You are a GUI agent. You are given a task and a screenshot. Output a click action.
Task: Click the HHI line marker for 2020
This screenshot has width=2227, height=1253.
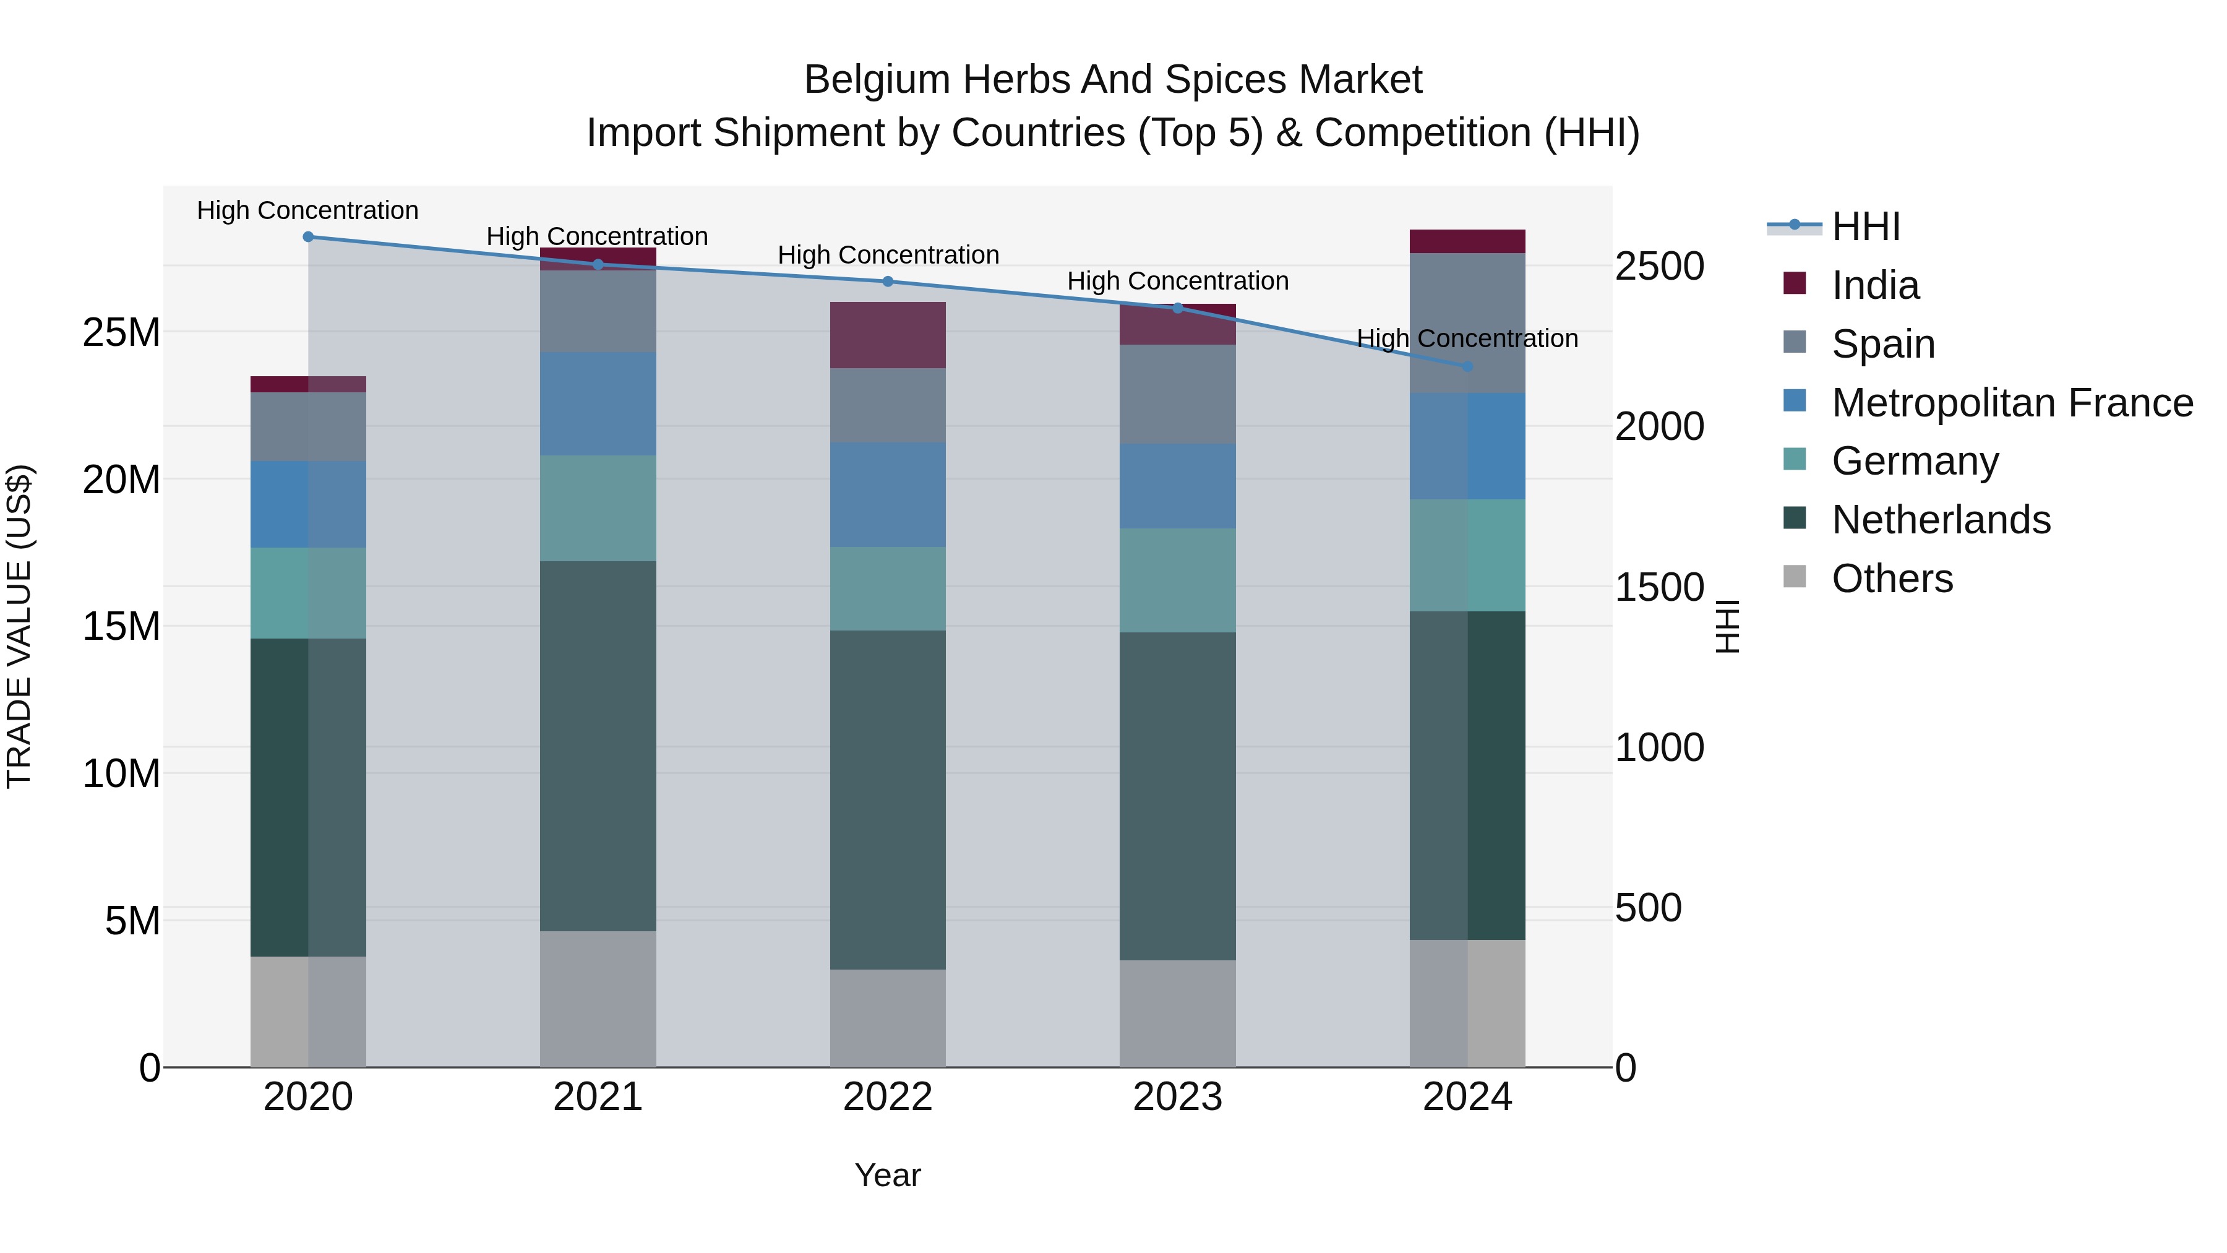(309, 237)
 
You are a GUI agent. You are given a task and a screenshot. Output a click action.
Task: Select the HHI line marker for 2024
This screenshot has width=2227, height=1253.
(1467, 367)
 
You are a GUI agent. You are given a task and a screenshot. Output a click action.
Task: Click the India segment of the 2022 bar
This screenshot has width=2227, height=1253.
(888, 335)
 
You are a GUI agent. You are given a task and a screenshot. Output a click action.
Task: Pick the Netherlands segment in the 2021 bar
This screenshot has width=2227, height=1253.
(598, 746)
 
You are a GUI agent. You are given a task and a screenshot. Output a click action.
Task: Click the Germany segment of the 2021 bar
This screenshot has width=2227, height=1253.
(598, 509)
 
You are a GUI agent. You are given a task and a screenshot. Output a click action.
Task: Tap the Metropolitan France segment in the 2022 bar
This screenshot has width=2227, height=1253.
(888, 494)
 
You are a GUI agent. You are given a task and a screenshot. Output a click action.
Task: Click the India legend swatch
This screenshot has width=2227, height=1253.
(1795, 283)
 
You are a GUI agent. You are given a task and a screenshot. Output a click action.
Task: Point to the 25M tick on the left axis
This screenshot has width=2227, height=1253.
(122, 333)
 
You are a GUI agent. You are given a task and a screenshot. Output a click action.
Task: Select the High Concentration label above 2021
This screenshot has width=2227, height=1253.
(598, 236)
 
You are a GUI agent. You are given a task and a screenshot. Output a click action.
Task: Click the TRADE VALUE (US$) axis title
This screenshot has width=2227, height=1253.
(19, 626)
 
